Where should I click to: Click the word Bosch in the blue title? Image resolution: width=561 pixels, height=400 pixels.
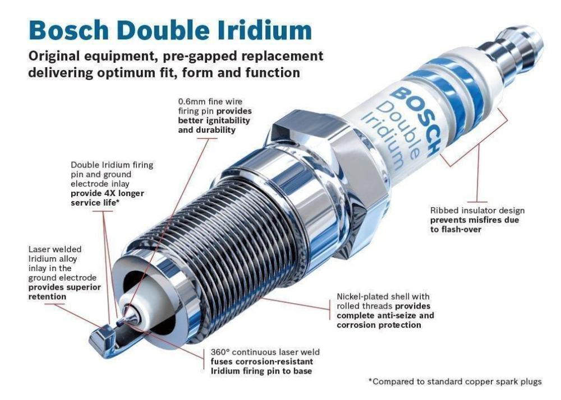(68, 30)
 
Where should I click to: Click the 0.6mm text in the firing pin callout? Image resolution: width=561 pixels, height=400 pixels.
(192, 102)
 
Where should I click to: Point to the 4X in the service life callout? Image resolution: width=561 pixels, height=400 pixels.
(109, 193)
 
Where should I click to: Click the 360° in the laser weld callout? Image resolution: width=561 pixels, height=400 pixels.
(220, 352)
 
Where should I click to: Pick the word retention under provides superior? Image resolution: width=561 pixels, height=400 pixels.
(47, 296)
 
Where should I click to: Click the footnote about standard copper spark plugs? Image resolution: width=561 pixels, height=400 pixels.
(455, 382)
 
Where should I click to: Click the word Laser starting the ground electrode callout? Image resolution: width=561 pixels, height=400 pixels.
(39, 249)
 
